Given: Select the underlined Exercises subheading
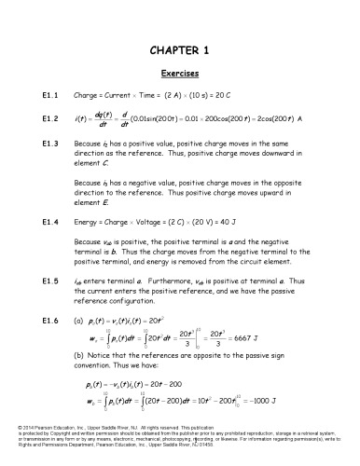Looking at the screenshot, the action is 179,72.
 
